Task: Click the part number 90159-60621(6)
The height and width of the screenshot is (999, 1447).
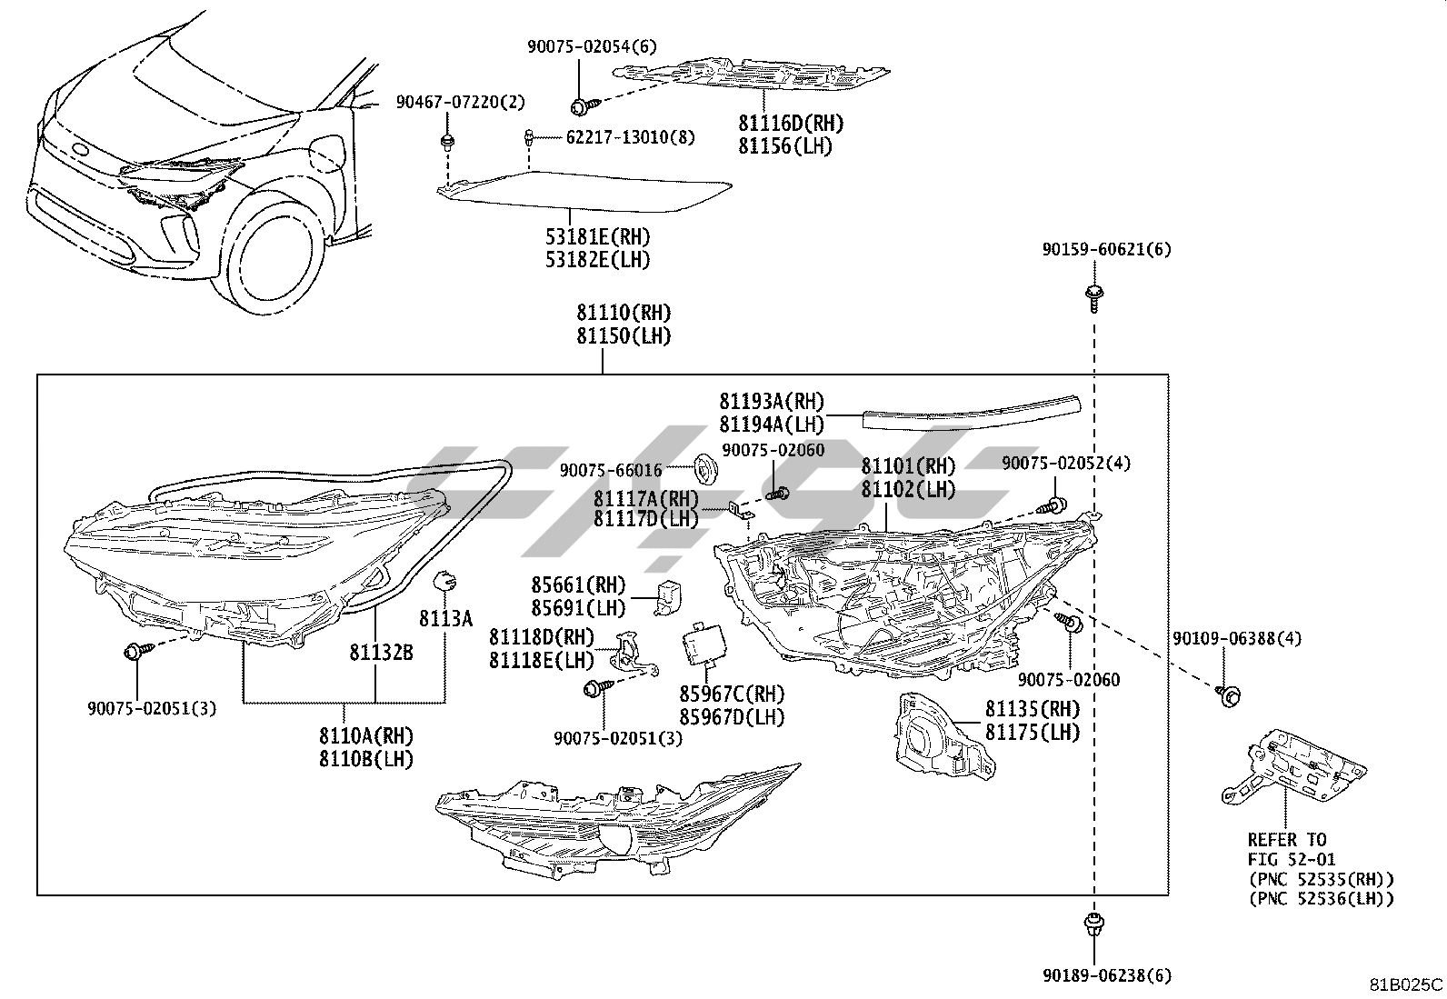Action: coord(1107,249)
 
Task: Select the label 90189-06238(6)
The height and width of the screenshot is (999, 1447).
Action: coord(1107,976)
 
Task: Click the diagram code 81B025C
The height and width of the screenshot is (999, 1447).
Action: coord(1406,984)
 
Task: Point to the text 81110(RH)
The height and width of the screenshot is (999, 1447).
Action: coord(624,314)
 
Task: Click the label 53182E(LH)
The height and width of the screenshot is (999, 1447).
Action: coord(598,260)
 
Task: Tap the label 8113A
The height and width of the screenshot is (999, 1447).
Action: coord(445,619)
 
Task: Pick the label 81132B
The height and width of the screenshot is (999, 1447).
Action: coord(381,653)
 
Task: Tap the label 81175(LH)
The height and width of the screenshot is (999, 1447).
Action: coord(1033,732)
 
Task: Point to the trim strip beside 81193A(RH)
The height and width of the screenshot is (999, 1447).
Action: coord(971,412)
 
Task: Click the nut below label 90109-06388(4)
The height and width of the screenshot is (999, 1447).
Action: coord(1228,695)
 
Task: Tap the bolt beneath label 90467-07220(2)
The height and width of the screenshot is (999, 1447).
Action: coord(446,143)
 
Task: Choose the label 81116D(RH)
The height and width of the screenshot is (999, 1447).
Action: coord(791,124)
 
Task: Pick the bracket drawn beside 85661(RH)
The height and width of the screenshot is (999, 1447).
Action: coord(668,593)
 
